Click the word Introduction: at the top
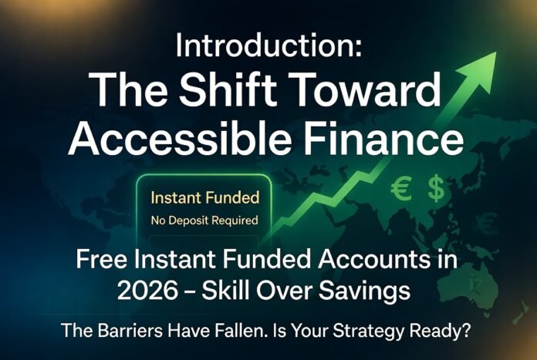268,46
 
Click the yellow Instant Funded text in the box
205,197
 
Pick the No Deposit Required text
205,220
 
